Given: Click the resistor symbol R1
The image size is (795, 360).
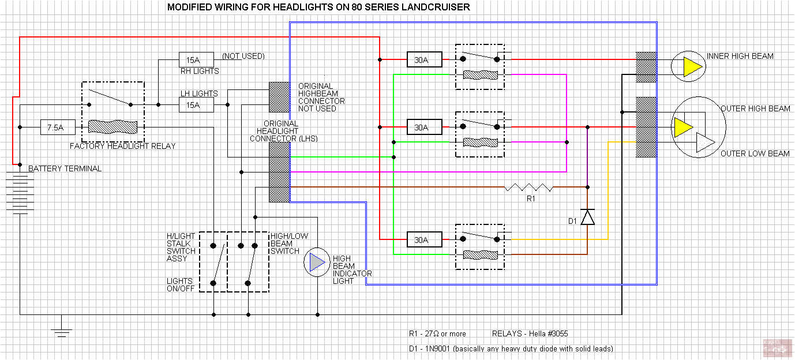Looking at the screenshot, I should click(528, 187).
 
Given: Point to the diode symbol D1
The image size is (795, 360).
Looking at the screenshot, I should click(587, 217).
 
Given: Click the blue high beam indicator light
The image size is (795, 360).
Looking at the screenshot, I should click(316, 263).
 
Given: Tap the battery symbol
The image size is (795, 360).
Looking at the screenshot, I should click(20, 193).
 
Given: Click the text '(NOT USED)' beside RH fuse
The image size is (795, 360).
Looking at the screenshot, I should click(243, 57).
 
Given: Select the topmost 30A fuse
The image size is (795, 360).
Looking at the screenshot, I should click(425, 59).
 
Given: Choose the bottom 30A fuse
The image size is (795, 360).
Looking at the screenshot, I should click(425, 239).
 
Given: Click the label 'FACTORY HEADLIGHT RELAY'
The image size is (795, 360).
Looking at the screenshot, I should click(122, 146).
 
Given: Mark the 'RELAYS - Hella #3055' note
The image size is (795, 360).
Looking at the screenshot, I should click(530, 334).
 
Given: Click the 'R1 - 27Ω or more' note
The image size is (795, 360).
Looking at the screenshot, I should click(437, 334).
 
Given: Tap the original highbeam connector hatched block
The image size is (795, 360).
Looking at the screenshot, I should click(279, 97).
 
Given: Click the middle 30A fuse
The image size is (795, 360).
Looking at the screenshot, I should click(425, 127).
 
